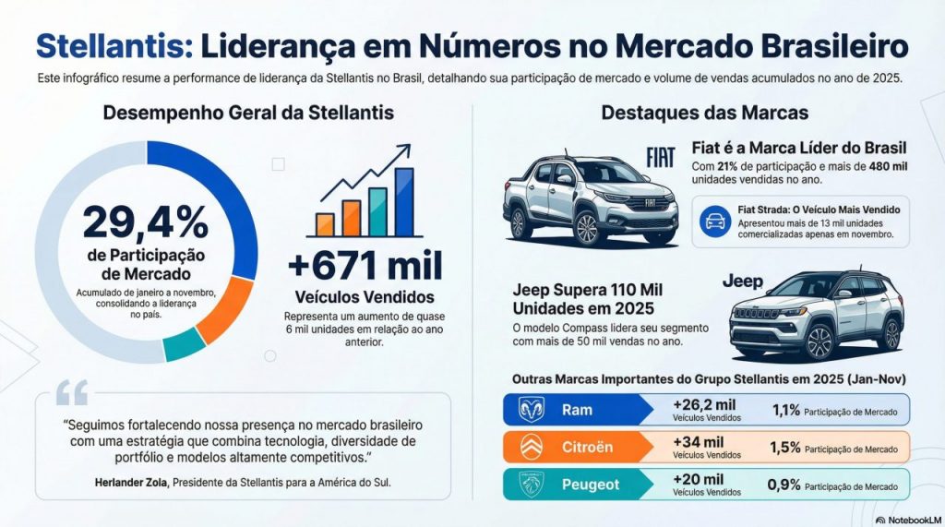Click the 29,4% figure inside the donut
[x=145, y=223]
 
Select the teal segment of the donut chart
[x=185, y=344]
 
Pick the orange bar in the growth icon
[x=325, y=224]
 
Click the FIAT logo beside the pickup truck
[x=661, y=158]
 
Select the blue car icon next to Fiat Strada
[x=714, y=221]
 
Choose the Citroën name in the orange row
[x=587, y=447]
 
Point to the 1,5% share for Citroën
[x=784, y=448]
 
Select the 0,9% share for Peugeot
[x=784, y=485]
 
